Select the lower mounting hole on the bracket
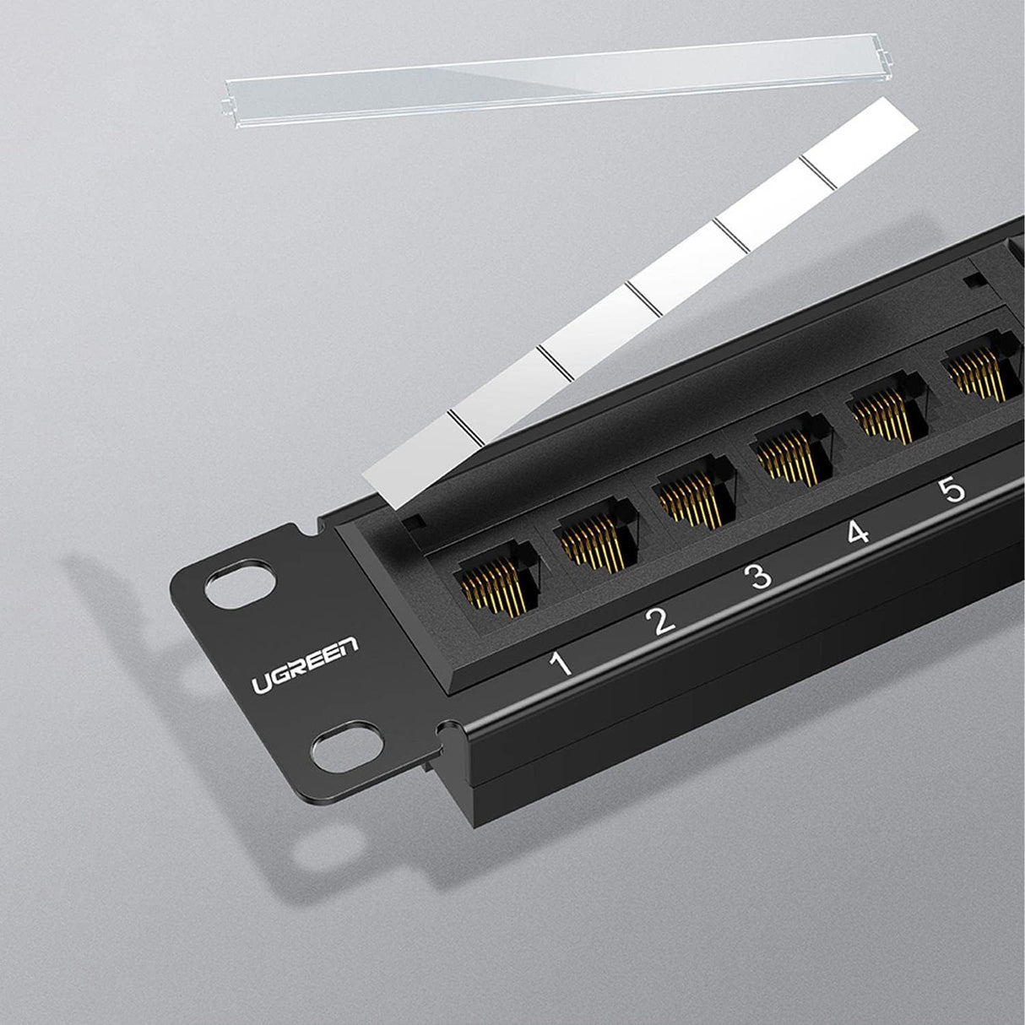click(x=338, y=741)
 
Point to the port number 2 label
click(x=659, y=621)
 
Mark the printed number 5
click(x=952, y=490)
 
